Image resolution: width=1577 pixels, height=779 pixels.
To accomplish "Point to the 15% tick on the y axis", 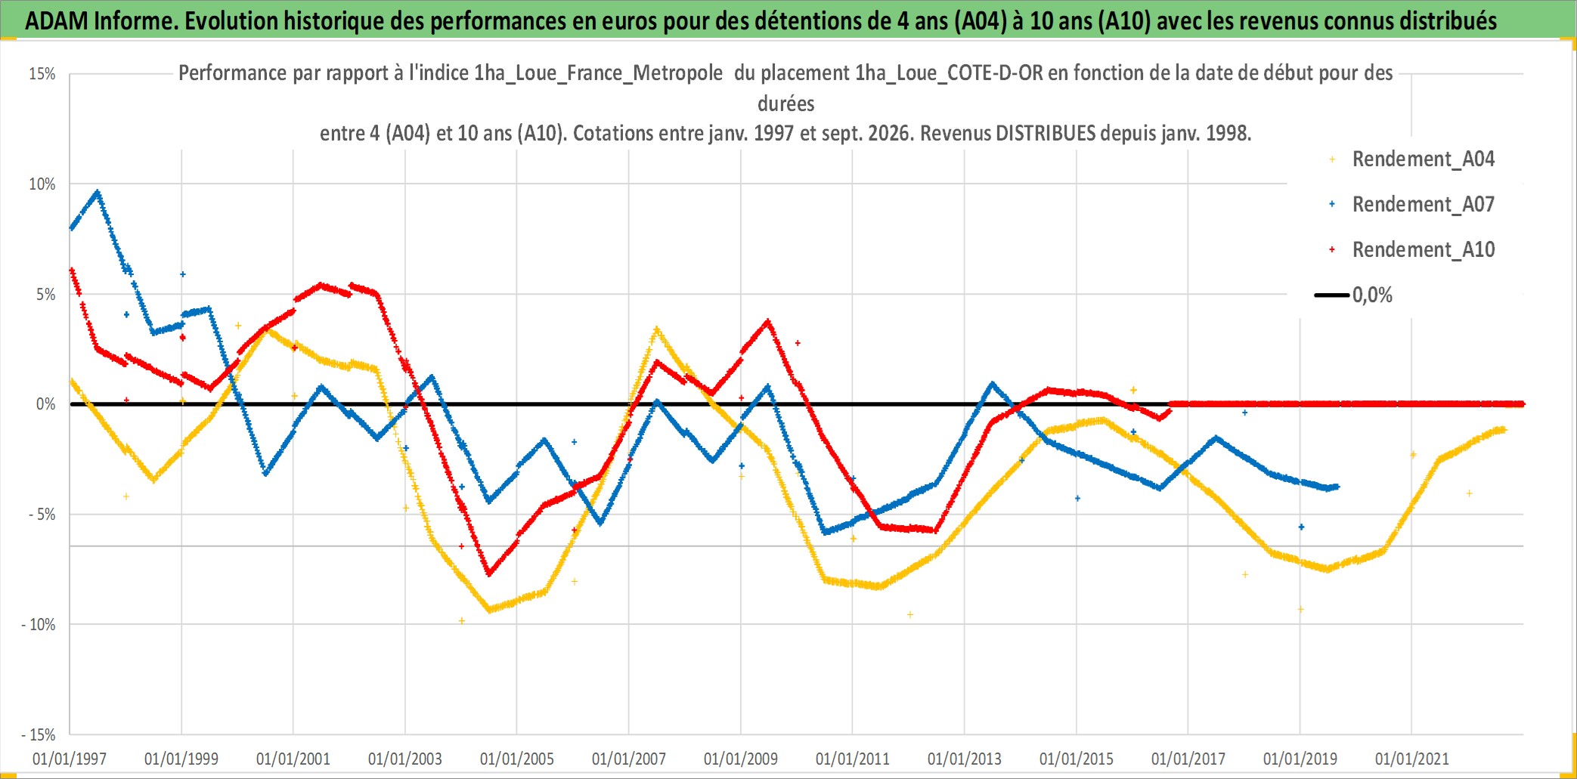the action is pyautogui.click(x=42, y=74).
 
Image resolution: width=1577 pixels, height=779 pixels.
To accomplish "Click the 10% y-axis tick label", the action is pyautogui.click(x=42, y=184).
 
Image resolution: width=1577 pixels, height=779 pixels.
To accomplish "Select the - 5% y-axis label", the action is pyautogui.click(x=42, y=515).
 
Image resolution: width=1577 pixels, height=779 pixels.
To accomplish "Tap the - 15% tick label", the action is pyautogui.click(x=39, y=735).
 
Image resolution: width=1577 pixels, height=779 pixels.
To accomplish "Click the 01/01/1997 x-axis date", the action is pyautogui.click(x=70, y=759).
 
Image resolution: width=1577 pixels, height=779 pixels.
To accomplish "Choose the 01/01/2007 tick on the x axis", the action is pyautogui.click(x=629, y=759).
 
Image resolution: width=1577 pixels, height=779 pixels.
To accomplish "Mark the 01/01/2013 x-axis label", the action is pyautogui.click(x=965, y=759).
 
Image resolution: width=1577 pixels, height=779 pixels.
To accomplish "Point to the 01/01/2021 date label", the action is pyautogui.click(x=1412, y=759).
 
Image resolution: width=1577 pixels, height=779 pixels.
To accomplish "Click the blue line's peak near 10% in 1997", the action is pyautogui.click(x=98, y=192).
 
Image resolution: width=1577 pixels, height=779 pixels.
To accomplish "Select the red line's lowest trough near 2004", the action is pyautogui.click(x=489, y=573).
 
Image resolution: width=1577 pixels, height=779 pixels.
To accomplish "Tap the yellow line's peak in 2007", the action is pyautogui.click(x=656, y=329).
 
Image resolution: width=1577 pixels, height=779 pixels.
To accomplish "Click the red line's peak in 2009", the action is pyautogui.click(x=768, y=322).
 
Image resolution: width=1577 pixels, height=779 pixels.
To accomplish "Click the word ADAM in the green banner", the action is pyautogui.click(x=57, y=20).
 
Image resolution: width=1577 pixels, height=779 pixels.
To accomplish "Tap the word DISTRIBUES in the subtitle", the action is pyautogui.click(x=1046, y=133).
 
